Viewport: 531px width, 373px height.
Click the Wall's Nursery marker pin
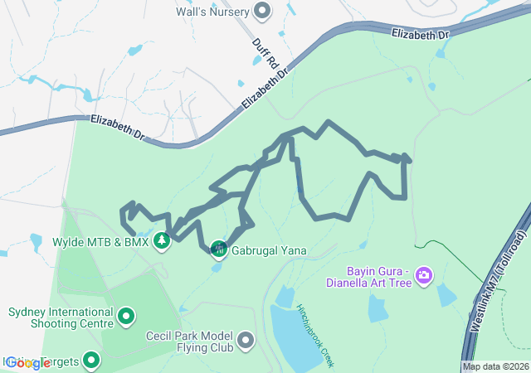click(262, 11)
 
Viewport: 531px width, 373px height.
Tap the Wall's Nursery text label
click(213, 12)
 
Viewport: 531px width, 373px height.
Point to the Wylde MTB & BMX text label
click(100, 242)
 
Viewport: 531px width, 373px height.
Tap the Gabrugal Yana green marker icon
click(218, 249)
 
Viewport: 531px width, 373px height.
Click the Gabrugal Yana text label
click(270, 249)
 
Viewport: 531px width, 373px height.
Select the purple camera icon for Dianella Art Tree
click(424, 274)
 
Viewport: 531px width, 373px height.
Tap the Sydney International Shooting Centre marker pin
click(125, 316)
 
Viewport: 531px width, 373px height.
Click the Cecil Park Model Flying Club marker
click(246, 340)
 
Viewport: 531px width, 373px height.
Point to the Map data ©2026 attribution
click(495, 366)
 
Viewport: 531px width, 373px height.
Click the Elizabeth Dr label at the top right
click(421, 36)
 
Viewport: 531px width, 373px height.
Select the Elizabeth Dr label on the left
click(118, 127)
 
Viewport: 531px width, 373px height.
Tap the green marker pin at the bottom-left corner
click(91, 361)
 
